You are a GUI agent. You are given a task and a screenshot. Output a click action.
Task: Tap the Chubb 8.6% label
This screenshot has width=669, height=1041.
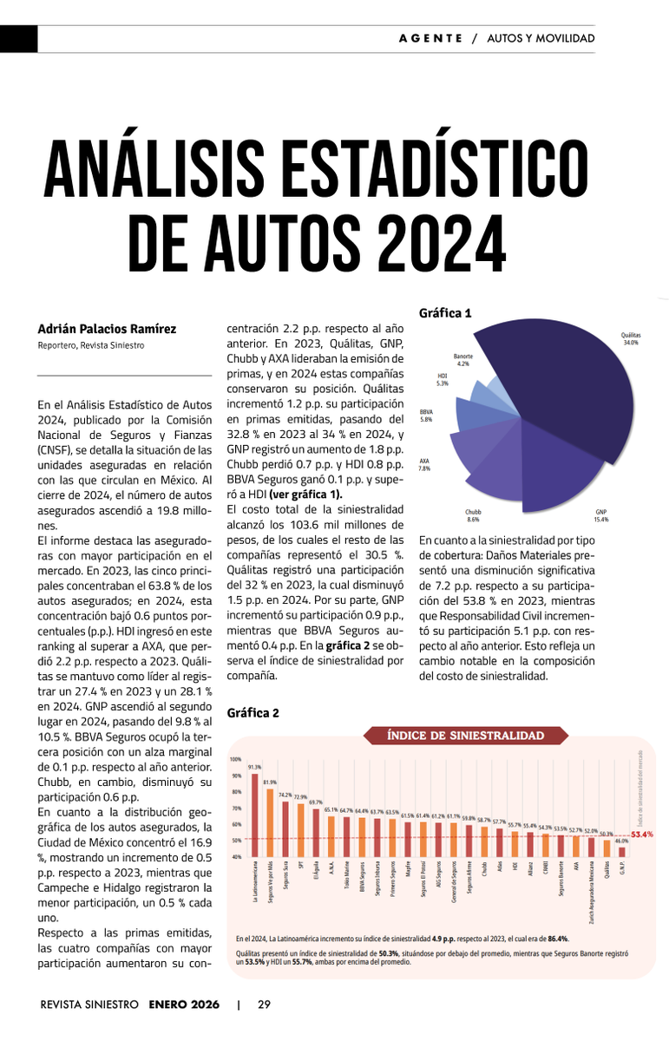coord(473,516)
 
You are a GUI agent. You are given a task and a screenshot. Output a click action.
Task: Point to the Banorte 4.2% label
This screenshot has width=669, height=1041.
coord(462,360)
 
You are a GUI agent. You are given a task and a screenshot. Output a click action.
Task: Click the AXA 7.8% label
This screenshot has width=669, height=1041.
coord(424,465)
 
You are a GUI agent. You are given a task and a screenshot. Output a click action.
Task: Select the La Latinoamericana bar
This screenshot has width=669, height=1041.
coord(254,815)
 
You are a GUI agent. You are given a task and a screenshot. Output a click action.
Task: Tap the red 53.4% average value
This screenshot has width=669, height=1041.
coord(642,835)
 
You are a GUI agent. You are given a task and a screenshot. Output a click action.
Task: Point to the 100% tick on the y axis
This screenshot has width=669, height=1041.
coord(236,760)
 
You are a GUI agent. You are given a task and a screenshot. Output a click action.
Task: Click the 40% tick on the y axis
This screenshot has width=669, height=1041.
coord(236,857)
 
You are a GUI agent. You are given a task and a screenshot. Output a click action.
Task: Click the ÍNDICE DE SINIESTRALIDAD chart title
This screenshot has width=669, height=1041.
coord(466,737)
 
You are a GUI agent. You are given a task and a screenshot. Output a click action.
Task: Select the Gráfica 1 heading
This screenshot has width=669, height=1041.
coord(445,313)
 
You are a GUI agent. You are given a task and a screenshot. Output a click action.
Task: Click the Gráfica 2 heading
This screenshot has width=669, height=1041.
coord(253,713)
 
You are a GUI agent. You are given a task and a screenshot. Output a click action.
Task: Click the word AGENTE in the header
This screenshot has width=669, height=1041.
coord(430,38)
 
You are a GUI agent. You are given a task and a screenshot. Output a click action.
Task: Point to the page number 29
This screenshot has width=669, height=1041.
coord(264,1005)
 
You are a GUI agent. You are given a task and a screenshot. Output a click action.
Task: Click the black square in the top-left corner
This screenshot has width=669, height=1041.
coord(18,39)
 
